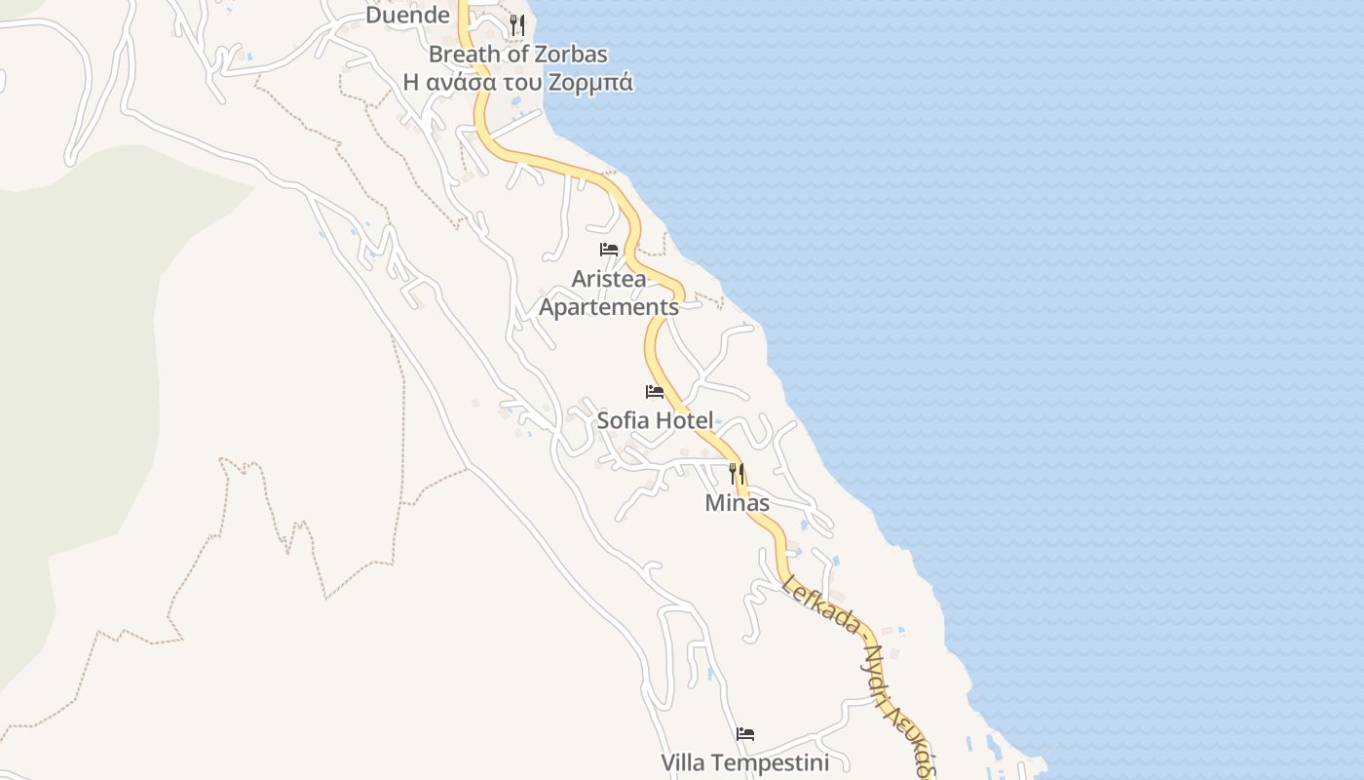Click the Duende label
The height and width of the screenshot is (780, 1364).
[x=407, y=16]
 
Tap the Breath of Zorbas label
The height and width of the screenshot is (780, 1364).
[x=517, y=55]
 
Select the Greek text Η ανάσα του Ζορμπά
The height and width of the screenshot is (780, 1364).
[x=517, y=83]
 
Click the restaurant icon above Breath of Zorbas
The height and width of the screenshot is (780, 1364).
[x=517, y=25]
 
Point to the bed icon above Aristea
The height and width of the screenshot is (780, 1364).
[x=609, y=250]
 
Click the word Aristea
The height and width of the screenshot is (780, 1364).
[x=608, y=279]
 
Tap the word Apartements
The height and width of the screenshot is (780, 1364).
[x=608, y=307]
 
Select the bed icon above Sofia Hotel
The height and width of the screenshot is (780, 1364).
[x=655, y=392]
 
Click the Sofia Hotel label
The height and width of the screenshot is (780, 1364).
[x=655, y=421]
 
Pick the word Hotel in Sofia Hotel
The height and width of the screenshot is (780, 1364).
[x=684, y=421]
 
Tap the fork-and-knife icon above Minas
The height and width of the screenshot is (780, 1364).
[x=738, y=474]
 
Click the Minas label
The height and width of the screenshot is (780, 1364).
[x=738, y=504]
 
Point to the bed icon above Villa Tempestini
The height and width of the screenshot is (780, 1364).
[x=745, y=734]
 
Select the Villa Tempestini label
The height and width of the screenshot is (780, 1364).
[x=745, y=762]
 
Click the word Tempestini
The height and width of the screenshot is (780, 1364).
[x=774, y=762]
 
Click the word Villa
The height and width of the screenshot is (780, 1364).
[x=685, y=762]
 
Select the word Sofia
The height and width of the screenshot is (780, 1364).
[x=624, y=421]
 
